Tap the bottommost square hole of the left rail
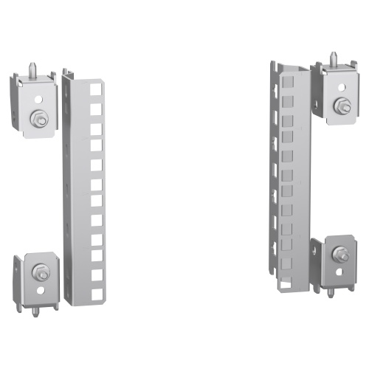pos(95,292)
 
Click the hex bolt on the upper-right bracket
pos(342,106)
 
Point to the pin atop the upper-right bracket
pos(335,56)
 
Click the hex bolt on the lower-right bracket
pos(342,256)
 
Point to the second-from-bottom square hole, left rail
pos(95,274)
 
